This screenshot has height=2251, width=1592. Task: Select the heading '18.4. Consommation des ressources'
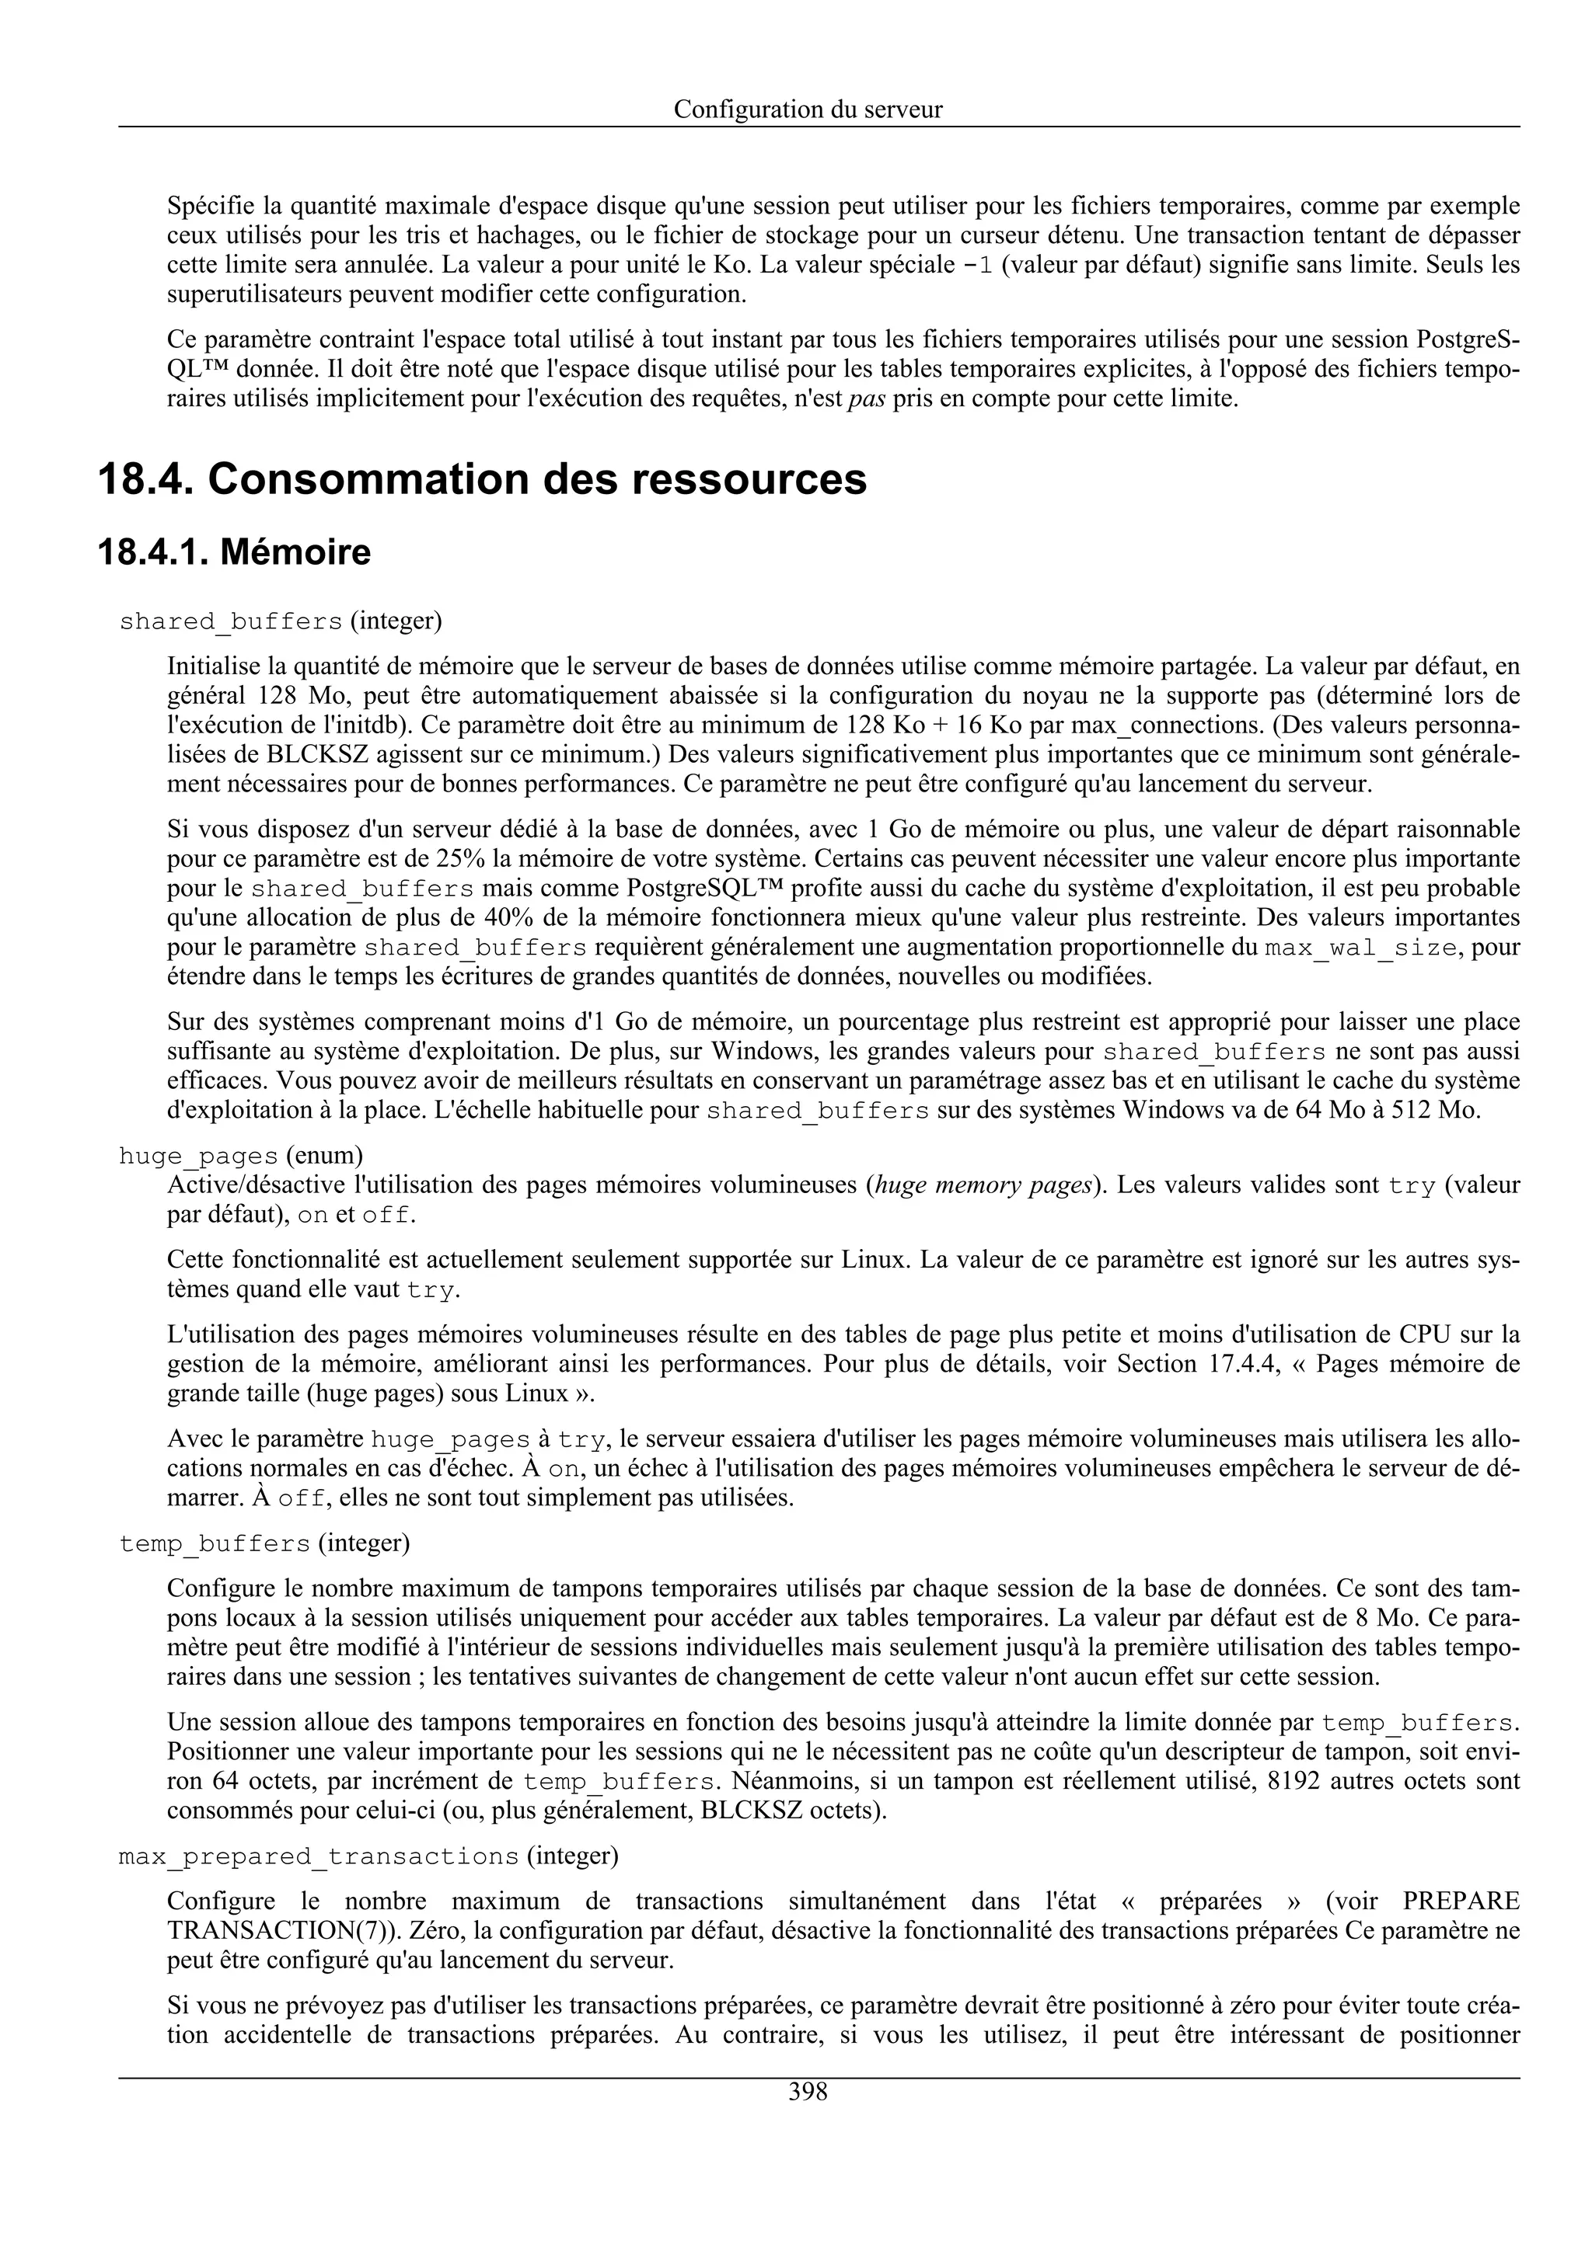[483, 479]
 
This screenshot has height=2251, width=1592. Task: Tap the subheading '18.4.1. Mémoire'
[235, 553]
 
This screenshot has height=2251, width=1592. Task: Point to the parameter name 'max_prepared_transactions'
[318, 1856]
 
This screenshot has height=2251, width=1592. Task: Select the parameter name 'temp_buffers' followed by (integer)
[214, 1544]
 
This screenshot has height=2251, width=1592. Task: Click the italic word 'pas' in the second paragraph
[866, 399]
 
